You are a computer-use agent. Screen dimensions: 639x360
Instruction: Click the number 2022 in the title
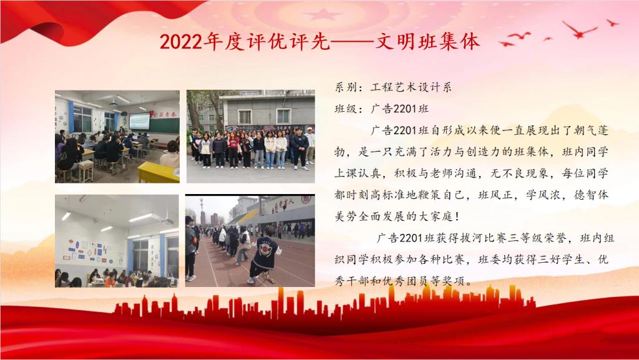point(182,42)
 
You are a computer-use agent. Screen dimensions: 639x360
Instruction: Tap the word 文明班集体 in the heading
point(427,42)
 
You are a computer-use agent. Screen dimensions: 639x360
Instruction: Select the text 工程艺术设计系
point(411,87)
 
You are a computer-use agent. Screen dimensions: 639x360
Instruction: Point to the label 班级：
point(346,109)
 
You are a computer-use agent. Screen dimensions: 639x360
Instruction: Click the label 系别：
point(346,87)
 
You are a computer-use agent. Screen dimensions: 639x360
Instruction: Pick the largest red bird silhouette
point(579,30)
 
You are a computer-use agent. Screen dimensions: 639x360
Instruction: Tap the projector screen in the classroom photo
point(139,122)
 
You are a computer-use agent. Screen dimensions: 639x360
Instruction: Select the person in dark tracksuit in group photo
point(300,148)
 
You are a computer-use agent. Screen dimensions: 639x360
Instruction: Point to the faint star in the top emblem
point(323,14)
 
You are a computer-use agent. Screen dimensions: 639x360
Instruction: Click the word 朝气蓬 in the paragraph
point(591,130)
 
